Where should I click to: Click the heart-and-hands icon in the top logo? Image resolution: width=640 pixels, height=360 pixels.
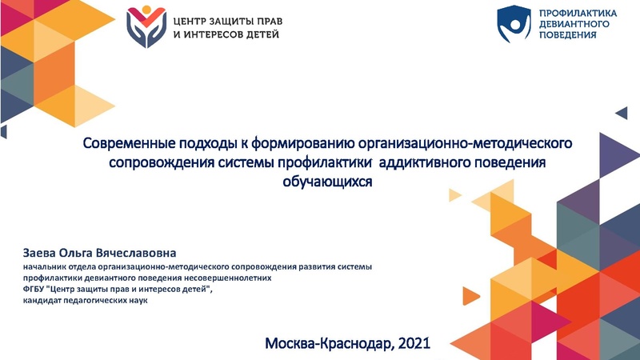point(146,26)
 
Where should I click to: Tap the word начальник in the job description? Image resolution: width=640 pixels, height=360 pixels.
point(45,266)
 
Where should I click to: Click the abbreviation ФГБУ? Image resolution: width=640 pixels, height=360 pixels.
point(36,289)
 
